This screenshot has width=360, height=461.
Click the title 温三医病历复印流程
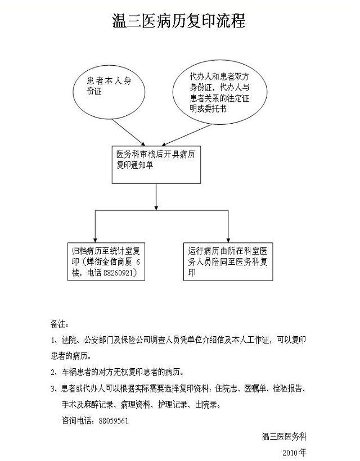[179, 21]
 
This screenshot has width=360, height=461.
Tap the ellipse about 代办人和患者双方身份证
[220, 92]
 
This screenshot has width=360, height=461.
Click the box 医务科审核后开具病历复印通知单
[156, 165]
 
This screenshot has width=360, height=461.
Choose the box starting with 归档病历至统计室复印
[106, 261]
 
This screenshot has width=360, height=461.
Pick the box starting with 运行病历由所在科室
[228, 261]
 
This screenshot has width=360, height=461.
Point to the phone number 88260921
[120, 273]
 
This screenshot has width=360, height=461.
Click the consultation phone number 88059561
[114, 421]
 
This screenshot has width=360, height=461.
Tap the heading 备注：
[60, 324]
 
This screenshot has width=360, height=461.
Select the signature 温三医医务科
[284, 437]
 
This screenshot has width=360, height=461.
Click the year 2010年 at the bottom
[294, 453]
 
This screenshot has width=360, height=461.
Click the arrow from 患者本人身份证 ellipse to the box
[128, 132]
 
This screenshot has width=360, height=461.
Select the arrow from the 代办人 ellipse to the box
[187, 135]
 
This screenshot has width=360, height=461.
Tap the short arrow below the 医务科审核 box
[156, 197]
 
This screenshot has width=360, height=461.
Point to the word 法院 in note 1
[69, 340]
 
